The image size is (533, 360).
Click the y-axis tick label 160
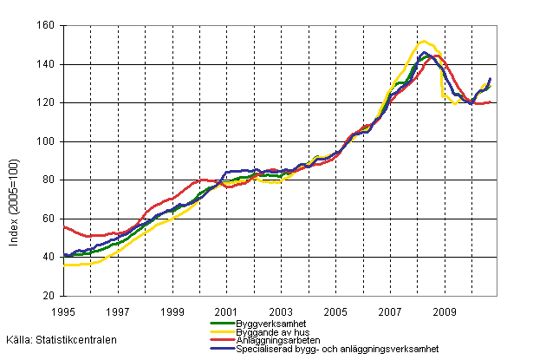click(x=49, y=26)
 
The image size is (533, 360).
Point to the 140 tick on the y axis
click(x=49, y=64)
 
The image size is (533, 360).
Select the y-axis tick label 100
click(x=49, y=141)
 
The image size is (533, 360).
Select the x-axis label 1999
click(x=172, y=310)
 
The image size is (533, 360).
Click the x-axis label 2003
click(x=281, y=310)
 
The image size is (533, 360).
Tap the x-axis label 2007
click(x=389, y=310)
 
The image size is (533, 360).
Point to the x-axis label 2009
click(x=444, y=310)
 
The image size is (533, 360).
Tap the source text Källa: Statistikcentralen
click(x=60, y=341)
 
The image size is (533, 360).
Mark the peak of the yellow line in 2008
click(x=423, y=41)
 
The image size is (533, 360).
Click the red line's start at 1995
click(x=64, y=226)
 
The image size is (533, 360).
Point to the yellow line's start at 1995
click(x=64, y=265)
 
